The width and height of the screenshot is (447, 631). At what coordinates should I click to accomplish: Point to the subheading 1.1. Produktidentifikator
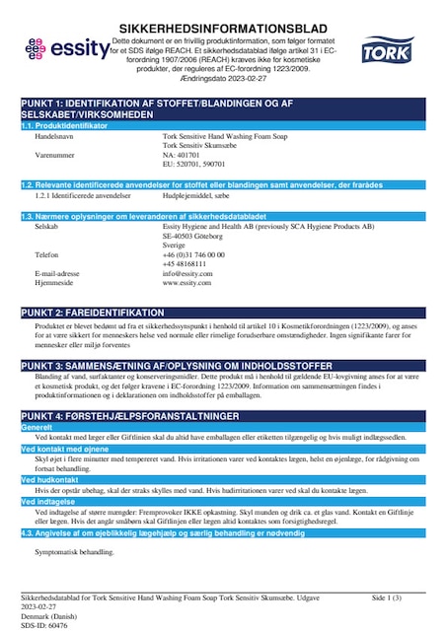pos(66,125)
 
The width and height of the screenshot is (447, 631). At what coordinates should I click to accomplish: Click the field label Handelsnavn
pos(55,135)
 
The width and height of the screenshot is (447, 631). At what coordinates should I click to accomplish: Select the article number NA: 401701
pos(183,155)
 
